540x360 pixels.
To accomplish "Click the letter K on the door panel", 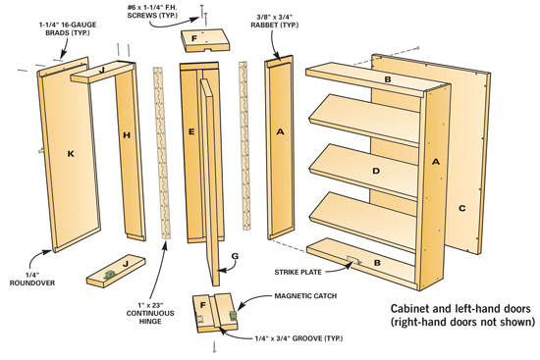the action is tap(71, 154).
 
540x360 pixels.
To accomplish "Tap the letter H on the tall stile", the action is tap(127, 135).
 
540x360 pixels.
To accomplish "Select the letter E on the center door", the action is tap(191, 131).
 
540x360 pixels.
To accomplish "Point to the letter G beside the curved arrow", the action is tap(235, 256).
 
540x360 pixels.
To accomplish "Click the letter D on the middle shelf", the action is tap(376, 171).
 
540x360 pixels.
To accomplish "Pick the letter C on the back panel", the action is tap(462, 208).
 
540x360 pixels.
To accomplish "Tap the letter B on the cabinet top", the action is tap(388, 79).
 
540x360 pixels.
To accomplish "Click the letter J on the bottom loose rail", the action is tap(126, 264).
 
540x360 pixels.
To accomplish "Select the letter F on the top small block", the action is tap(193, 38).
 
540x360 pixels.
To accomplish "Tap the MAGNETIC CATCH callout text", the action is tap(305, 296).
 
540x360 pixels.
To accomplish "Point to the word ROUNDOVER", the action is tap(32, 283).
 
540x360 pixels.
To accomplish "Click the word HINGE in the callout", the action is tap(150, 321).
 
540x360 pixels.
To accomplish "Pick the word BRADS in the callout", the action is tap(58, 33).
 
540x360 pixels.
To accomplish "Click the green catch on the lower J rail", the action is tap(110, 275).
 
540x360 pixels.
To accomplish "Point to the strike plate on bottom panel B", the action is tap(353, 260).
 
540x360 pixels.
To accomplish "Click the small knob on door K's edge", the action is tap(41, 150).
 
